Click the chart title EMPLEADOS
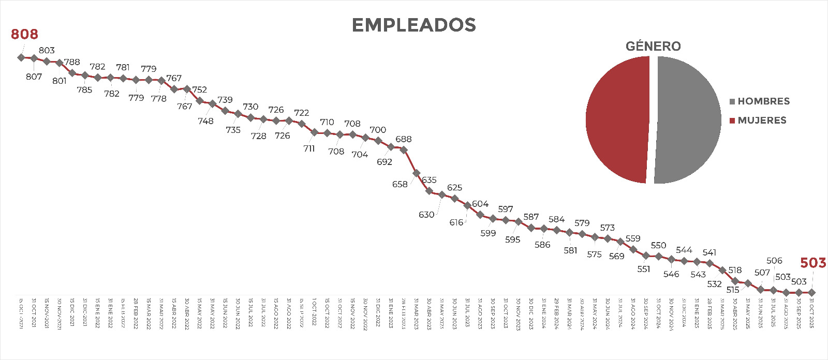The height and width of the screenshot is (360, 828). (413, 25)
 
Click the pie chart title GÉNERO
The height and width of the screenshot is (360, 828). (653, 47)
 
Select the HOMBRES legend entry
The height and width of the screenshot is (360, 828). (760, 101)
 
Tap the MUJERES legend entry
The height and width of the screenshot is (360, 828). (758, 121)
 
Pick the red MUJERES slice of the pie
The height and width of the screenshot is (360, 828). (616, 119)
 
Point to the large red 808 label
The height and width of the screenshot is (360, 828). (24, 34)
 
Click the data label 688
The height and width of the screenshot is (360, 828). (404, 139)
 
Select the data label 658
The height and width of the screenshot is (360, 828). (400, 184)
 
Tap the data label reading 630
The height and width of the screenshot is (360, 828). (426, 215)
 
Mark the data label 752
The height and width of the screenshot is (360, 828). (199, 89)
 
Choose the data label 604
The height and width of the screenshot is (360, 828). (480, 204)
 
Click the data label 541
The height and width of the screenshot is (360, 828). (709, 252)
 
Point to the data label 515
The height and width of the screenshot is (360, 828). (733, 290)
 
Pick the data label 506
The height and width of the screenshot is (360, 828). (774, 261)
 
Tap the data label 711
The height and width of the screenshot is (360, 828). (309, 149)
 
